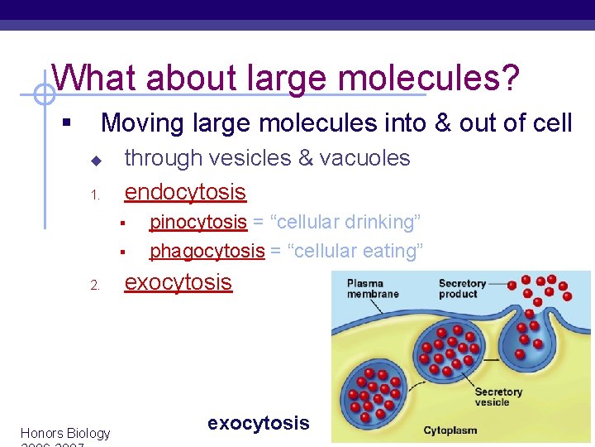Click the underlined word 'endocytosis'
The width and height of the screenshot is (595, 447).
click(x=185, y=192)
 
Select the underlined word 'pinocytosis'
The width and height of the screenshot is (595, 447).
click(x=198, y=222)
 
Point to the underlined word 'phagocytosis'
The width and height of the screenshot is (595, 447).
click(x=207, y=250)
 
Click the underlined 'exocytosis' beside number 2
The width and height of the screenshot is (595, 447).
click(x=178, y=282)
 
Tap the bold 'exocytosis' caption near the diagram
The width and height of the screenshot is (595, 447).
click(x=258, y=423)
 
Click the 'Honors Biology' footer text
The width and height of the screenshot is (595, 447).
click(x=64, y=433)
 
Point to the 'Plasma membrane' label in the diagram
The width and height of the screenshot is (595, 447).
click(x=373, y=289)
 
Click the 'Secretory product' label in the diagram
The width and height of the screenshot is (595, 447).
click(x=462, y=289)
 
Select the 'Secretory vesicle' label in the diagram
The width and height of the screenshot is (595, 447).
click(x=498, y=397)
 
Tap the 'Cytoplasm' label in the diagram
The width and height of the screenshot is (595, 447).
click(x=450, y=430)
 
